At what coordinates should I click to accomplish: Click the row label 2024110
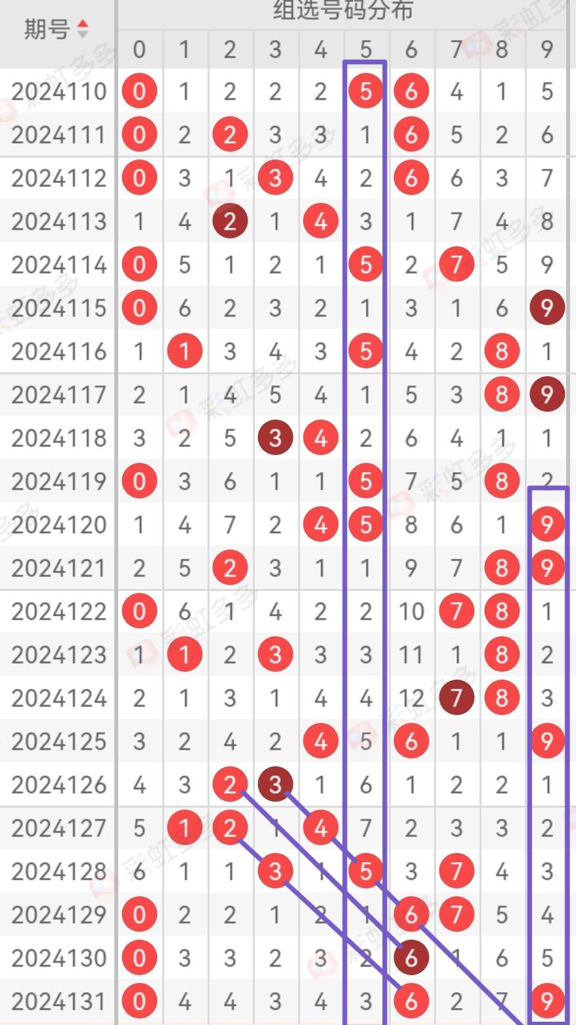pos(58,92)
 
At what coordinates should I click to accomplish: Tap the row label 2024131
pos(58,1001)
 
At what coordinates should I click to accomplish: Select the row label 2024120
pos(58,525)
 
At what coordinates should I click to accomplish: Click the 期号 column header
pos(47,29)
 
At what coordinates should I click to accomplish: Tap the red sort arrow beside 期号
pos(82,24)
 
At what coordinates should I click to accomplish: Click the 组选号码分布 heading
pos(343,11)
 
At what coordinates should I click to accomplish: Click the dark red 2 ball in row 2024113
pos(229,222)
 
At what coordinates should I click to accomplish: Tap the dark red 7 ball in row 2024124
pos(456,698)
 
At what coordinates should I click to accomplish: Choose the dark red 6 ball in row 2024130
pos(411,958)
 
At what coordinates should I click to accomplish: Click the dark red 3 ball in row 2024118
pos(275,438)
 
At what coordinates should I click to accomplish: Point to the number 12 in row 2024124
pos(411,698)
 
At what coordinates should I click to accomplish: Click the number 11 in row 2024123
pos(411,655)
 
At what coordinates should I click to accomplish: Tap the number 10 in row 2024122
pos(411,611)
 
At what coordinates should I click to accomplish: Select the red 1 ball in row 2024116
pos(185,352)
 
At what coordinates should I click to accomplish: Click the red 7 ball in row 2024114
pos(456,265)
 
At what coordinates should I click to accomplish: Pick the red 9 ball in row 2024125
pos(547,741)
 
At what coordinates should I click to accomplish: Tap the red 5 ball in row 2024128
pos(366,871)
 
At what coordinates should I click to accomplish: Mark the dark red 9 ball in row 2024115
pos(547,309)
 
